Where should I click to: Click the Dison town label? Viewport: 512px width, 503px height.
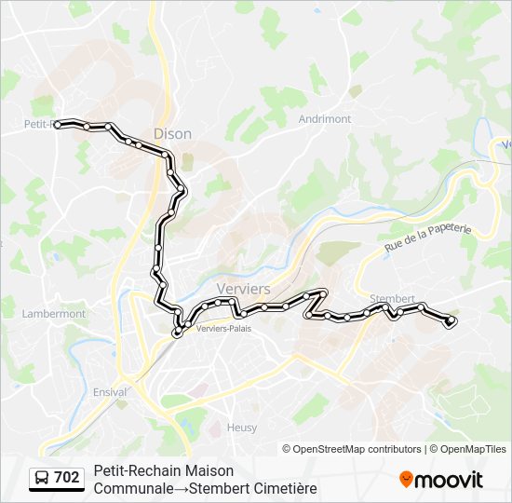(172, 134)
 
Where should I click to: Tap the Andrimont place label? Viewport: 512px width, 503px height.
(325, 119)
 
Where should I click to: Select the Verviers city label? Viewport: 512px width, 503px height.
(243, 289)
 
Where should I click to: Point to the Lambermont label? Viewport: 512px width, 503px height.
(53, 314)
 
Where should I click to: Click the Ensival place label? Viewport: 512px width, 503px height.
(110, 392)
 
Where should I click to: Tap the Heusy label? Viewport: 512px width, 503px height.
(242, 428)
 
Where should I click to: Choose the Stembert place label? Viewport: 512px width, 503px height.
(392, 299)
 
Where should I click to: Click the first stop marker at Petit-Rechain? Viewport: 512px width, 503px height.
(58, 123)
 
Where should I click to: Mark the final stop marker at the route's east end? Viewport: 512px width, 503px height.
(451, 321)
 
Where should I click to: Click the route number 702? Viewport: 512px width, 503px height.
(67, 478)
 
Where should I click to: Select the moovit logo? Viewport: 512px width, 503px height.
(441, 480)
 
